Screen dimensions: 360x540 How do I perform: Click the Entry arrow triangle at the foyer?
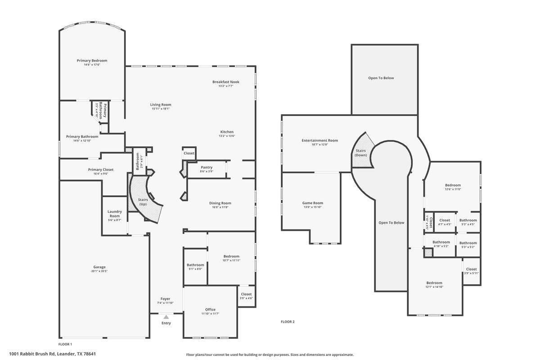pos(166,317)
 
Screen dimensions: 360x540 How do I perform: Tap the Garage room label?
pos(99,267)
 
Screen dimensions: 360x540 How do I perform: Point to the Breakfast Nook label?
pos(226,82)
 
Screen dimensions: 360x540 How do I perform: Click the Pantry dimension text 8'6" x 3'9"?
pos(207,171)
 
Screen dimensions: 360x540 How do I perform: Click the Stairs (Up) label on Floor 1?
pos(143,202)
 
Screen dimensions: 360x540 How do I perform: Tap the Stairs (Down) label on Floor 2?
pos(361,153)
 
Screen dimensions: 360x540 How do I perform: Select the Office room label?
pos(210,310)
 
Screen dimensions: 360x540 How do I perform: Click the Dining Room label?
pos(220,203)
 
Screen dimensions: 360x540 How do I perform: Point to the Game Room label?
pos(313,203)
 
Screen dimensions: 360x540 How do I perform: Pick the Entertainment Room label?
pos(319,140)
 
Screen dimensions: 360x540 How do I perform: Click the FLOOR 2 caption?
pos(288,322)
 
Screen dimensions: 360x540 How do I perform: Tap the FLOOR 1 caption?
pos(65,344)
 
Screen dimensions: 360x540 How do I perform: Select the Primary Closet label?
pos(101,170)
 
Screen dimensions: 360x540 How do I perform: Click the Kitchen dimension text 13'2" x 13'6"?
pos(226,136)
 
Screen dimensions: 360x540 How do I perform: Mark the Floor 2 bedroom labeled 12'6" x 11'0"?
pos(453,185)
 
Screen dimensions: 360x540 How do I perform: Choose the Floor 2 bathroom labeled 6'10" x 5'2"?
pos(441,242)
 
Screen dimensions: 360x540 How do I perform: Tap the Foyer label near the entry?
pos(166,299)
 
